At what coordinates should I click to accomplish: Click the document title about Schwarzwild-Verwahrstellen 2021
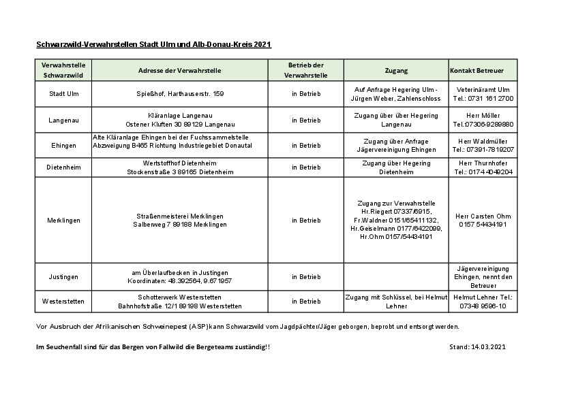(154, 45)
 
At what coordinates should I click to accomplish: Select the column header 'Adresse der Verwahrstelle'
(179, 70)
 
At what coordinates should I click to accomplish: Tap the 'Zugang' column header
(396, 70)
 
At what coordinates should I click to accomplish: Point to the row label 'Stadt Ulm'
(63, 93)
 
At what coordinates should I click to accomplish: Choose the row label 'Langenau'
(63, 120)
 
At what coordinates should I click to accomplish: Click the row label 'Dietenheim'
(63, 167)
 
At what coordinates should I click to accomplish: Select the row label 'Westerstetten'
(63, 302)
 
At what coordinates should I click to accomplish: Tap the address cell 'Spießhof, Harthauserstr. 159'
(179, 93)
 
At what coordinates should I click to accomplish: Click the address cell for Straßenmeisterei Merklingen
(179, 220)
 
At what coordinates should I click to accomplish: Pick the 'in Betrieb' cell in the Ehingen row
(306, 145)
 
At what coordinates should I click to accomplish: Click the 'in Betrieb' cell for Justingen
(306, 277)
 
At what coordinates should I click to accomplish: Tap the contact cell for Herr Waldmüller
(483, 145)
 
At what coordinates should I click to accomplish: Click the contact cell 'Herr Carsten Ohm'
(483, 220)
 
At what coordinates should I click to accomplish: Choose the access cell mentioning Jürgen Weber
(396, 93)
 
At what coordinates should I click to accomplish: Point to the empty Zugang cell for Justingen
(396, 277)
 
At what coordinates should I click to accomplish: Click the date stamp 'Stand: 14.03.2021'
(477, 347)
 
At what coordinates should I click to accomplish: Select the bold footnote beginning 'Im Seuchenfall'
(153, 347)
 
